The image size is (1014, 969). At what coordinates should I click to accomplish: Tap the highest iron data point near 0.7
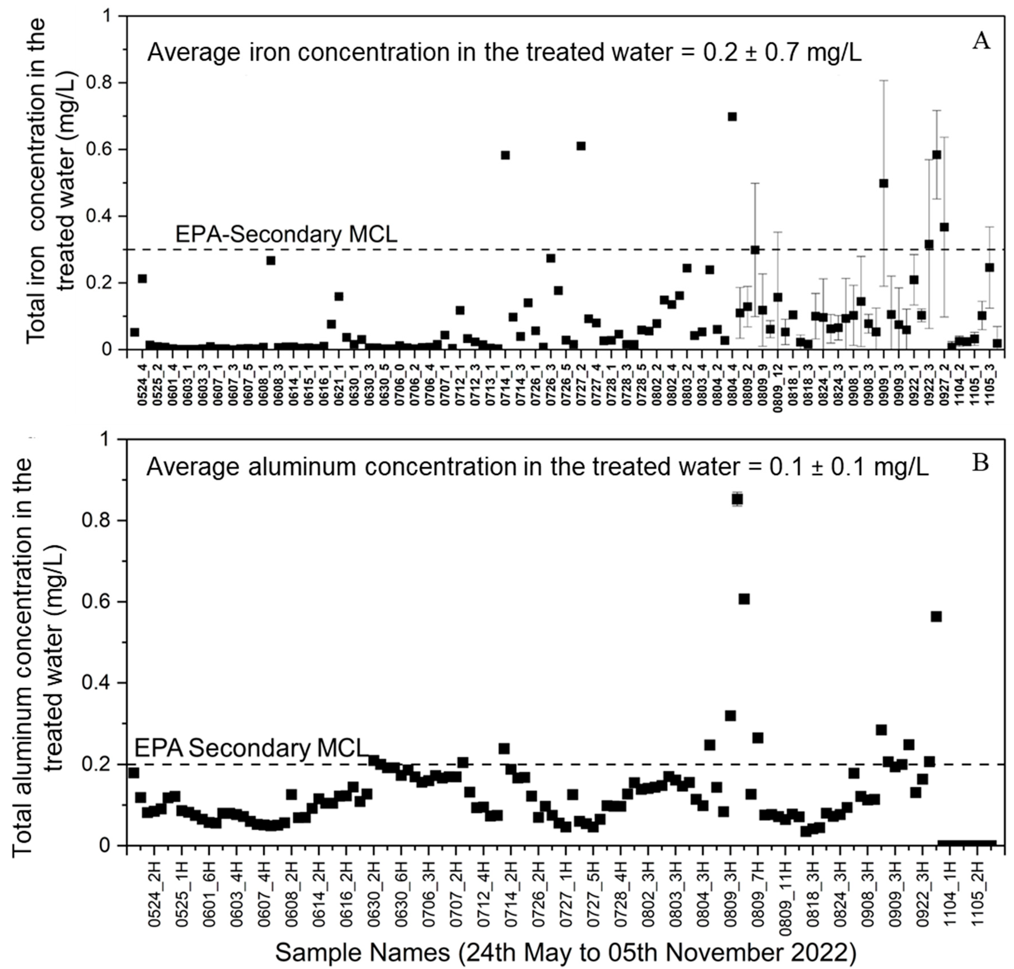[x=732, y=117]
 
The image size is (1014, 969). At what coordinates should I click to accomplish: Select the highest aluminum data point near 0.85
[x=737, y=499]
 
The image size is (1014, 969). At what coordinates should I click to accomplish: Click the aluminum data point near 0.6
[x=744, y=599]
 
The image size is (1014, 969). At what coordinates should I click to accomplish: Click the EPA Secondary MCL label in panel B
[x=250, y=748]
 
